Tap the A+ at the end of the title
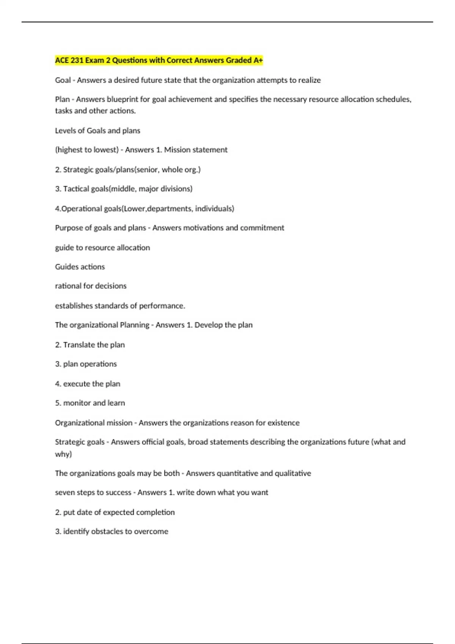pos(258,60)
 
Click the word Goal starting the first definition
pos(63,80)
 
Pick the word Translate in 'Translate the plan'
pos(79,345)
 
